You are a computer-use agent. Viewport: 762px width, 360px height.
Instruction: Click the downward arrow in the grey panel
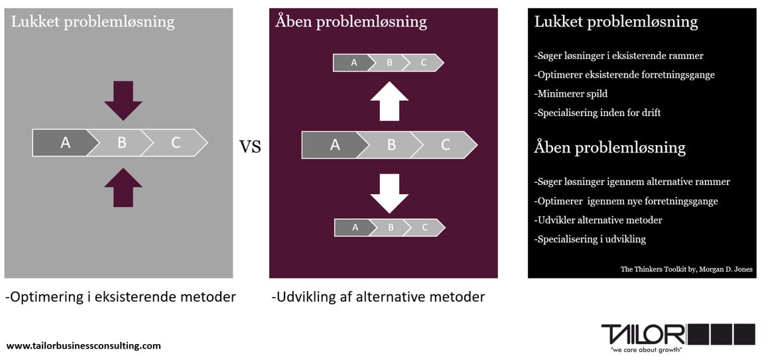[x=123, y=99]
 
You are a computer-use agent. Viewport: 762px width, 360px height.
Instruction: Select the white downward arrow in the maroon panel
[x=389, y=193]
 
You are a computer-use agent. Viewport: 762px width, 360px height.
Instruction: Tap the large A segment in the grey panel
[x=64, y=143]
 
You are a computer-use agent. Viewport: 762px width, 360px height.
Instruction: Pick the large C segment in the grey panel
[x=176, y=143]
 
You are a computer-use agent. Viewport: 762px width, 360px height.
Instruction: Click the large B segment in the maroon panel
[x=391, y=145]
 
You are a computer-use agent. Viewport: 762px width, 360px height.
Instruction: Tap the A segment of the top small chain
[x=353, y=63]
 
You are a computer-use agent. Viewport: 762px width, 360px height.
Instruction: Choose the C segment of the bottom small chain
[x=425, y=227]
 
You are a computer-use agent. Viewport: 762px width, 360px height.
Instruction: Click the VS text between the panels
[x=250, y=147]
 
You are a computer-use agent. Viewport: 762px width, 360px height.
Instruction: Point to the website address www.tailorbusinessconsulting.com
[x=84, y=345]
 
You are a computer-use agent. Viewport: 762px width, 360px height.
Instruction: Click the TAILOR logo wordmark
[x=643, y=334]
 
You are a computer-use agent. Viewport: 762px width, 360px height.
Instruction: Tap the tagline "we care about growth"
[x=645, y=349]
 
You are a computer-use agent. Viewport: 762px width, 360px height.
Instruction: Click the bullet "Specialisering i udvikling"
[x=590, y=239]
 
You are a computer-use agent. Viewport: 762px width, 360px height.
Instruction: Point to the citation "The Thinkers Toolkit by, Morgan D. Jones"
[x=686, y=269]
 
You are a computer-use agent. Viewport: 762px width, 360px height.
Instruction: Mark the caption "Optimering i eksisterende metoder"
[x=120, y=297]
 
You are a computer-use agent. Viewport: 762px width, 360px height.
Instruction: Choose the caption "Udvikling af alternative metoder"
[x=378, y=297]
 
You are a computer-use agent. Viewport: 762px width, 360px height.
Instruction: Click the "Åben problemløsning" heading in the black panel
[x=609, y=147]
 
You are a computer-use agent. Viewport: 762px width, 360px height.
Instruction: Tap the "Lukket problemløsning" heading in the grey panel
[x=93, y=22]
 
